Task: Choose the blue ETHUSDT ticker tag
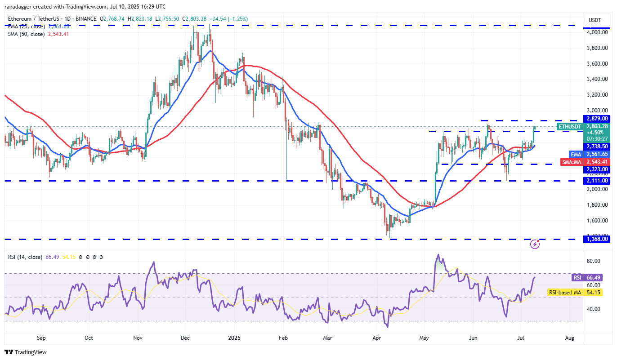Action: (569, 127)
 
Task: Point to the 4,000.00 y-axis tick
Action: (596, 32)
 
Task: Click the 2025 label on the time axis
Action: (234, 337)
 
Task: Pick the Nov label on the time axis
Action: (138, 337)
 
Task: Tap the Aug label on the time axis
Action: (569, 337)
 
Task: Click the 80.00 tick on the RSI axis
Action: (594, 261)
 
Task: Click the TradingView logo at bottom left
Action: (26, 352)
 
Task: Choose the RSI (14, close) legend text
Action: (25, 257)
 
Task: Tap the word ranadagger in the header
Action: (20, 6)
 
